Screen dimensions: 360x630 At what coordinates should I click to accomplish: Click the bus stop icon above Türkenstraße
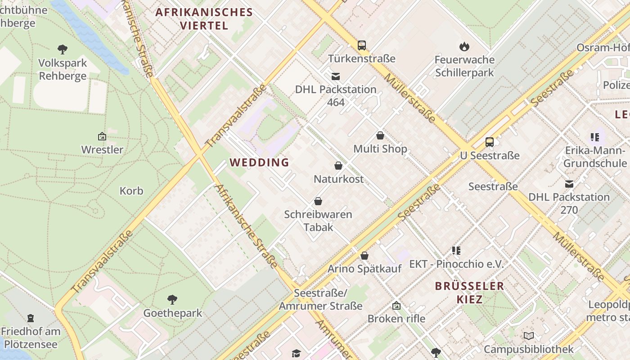pos(362,45)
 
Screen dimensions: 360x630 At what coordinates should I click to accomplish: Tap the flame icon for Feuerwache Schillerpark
pos(464,46)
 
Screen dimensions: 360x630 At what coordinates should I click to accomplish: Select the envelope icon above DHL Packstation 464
pos(336,76)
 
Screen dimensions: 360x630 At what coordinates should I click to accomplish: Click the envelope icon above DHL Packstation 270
pos(569,184)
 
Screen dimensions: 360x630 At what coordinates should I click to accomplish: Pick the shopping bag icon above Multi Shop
pos(380,135)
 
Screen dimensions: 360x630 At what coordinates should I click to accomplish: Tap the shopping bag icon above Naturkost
pos(338,166)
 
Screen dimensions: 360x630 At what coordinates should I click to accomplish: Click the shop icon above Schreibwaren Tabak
pos(318,201)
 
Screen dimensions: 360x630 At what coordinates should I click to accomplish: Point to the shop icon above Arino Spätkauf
pos(364,256)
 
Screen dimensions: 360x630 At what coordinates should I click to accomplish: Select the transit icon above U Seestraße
pos(490,142)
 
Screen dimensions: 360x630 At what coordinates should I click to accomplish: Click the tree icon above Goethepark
pos(172,299)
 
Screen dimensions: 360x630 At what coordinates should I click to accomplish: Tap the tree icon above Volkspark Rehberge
pos(63,49)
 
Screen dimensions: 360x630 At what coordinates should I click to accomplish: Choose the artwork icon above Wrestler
pos(102,136)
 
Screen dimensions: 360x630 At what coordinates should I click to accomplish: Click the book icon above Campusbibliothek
pos(529,336)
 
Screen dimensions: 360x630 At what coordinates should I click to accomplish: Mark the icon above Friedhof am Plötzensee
pos(31,318)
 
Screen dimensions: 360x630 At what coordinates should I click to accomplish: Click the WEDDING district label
pos(260,162)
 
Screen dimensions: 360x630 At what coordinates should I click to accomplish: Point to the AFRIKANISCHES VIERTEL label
pos(204,18)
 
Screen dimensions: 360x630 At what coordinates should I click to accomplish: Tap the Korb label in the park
pos(131,191)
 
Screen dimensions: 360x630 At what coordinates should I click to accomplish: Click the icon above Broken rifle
pos(396,306)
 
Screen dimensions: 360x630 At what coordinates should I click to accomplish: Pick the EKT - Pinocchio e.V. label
pos(456,264)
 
